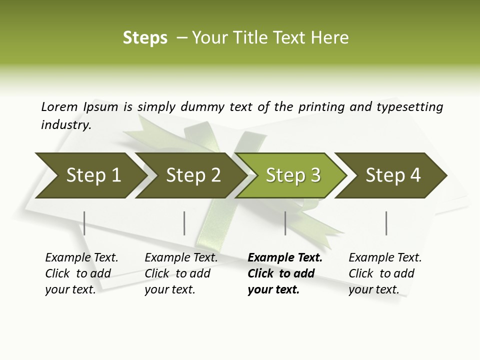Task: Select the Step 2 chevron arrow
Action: (x=192, y=175)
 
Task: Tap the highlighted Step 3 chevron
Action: (x=292, y=175)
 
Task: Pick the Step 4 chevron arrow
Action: (x=392, y=175)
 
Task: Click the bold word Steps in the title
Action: (x=145, y=38)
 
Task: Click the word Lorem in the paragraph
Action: (x=59, y=106)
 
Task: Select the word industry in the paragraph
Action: (x=66, y=124)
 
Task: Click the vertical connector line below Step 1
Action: (x=84, y=223)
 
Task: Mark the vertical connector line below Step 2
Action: (x=184, y=223)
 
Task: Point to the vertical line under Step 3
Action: (x=285, y=223)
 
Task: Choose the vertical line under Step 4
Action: (x=386, y=223)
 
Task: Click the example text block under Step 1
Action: (x=81, y=273)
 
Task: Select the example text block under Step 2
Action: (x=181, y=273)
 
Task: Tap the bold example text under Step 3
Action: (x=285, y=273)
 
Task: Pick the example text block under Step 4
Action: (x=385, y=273)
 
